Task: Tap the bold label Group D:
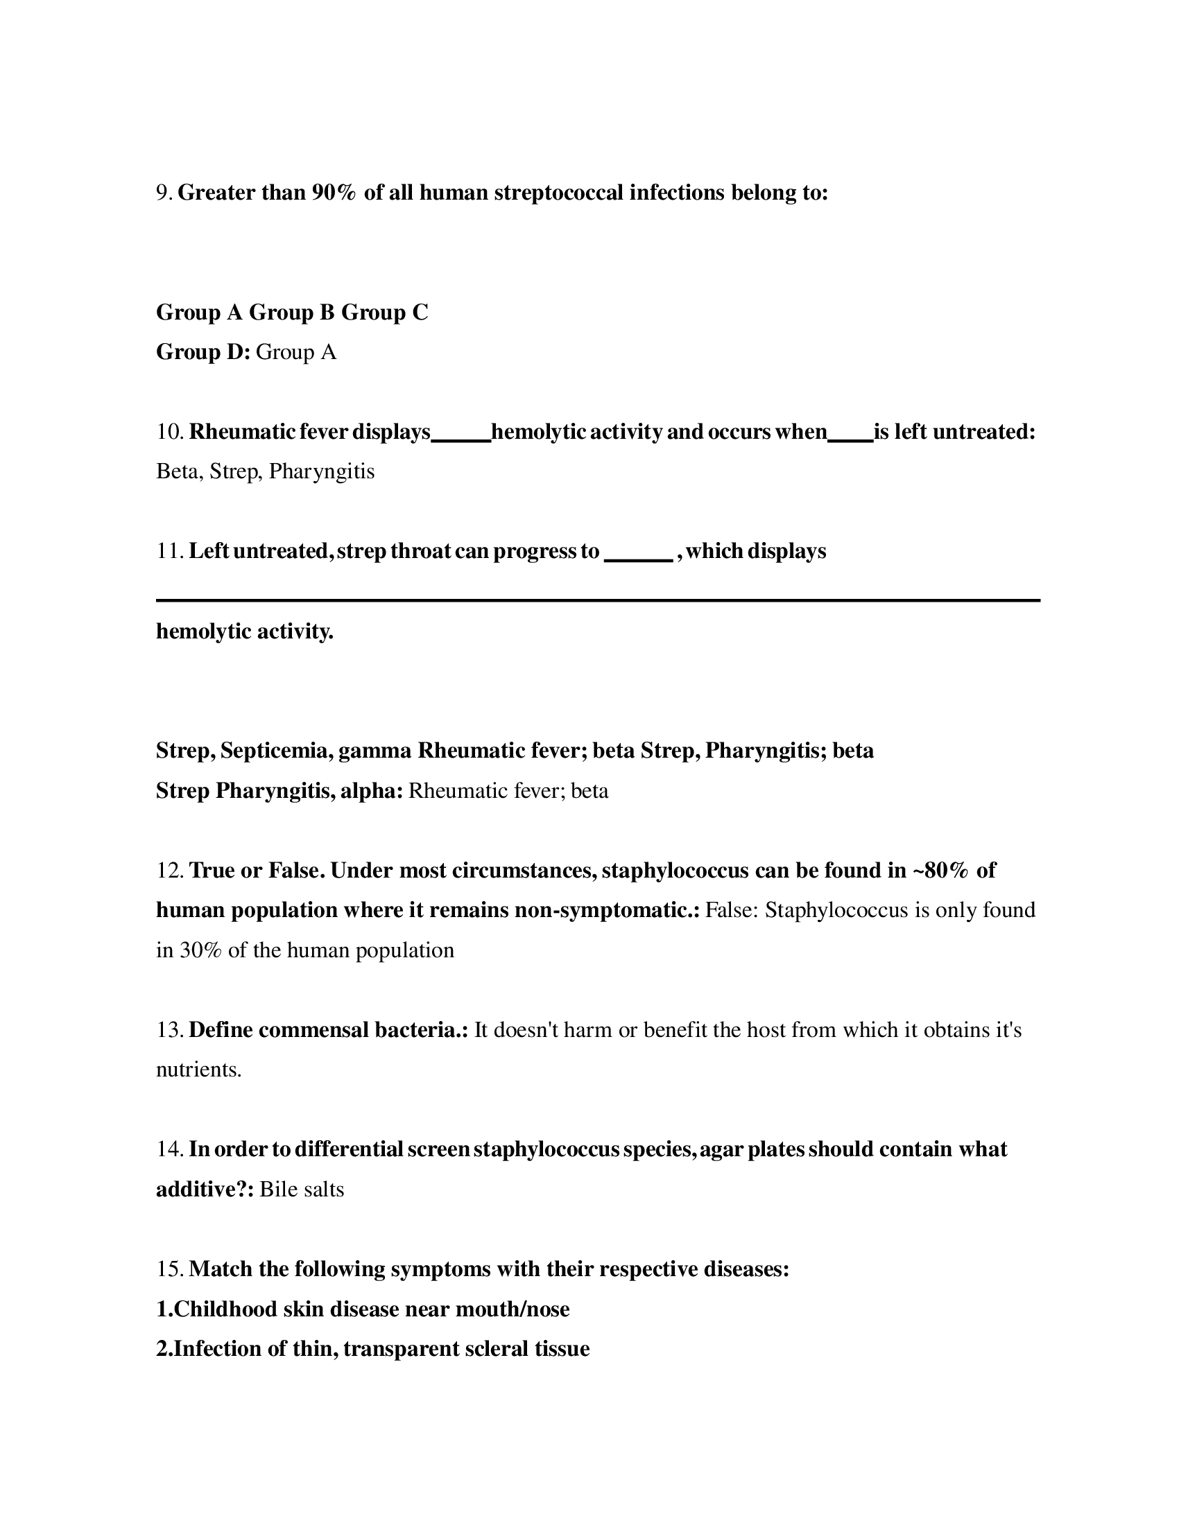(x=203, y=352)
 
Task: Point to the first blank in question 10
(x=461, y=439)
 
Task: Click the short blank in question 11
(x=637, y=558)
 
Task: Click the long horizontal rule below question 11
(x=598, y=600)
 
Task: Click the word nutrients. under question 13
(x=198, y=1070)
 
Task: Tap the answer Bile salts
(x=302, y=1189)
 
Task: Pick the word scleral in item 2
(x=496, y=1348)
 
